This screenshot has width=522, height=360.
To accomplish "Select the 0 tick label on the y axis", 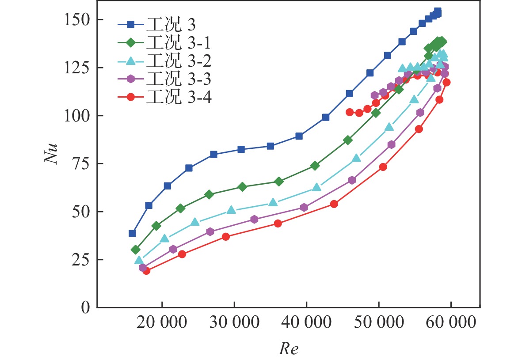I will pyautogui.click(x=88, y=307).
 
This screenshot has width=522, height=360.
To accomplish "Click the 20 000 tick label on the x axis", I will pyautogui.click(x=162, y=322).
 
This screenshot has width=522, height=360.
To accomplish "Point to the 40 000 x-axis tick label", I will pyautogui.click(x=306, y=322).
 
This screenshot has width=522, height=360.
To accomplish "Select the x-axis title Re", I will pyautogui.click(x=288, y=349).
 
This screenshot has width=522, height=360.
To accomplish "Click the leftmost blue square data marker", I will pyautogui.click(x=132, y=233).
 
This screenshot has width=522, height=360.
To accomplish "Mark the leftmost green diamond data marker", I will pyautogui.click(x=136, y=250).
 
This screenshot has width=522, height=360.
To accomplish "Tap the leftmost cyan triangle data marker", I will pyautogui.click(x=139, y=260).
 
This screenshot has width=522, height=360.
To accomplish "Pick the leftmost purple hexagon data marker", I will pyautogui.click(x=143, y=268).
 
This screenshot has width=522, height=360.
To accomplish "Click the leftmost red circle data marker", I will pyautogui.click(x=146, y=271).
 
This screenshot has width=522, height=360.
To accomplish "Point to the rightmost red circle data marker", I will pyautogui.click(x=446, y=82).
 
